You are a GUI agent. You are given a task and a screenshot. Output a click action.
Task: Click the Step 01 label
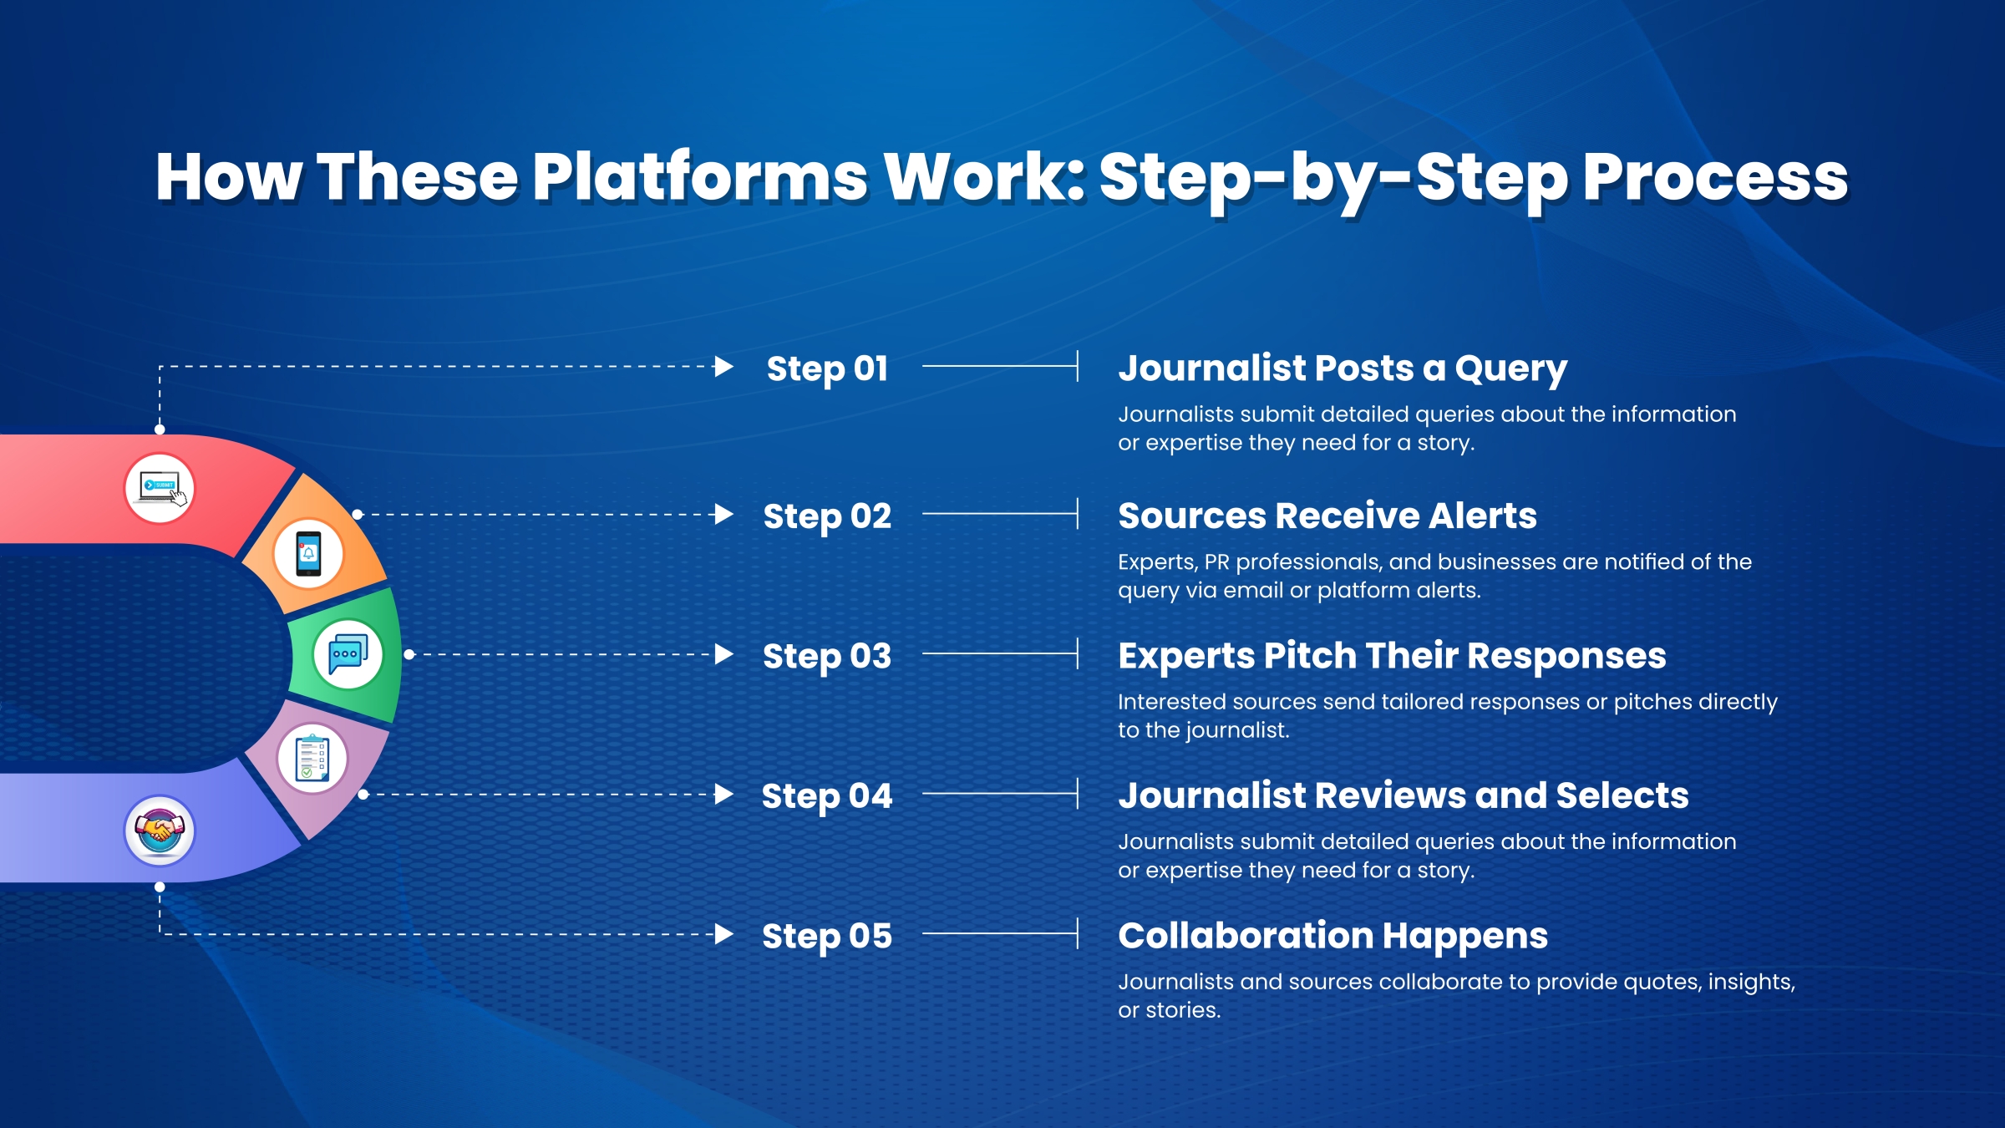tap(827, 368)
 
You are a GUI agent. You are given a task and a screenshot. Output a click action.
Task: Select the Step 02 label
tap(827, 516)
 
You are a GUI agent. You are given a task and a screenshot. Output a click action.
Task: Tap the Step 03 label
tap(827, 656)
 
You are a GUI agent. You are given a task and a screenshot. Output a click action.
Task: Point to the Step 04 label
tap(827, 795)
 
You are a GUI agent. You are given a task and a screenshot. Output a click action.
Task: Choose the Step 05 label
tap(827, 936)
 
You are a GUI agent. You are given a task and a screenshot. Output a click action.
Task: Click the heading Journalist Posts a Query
tap(1343, 368)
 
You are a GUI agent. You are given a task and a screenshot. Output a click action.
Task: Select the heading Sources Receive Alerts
tap(1327, 516)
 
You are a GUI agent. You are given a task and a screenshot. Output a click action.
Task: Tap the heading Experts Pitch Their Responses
tap(1392, 656)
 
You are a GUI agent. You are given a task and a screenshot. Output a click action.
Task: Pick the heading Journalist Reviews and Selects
tap(1403, 795)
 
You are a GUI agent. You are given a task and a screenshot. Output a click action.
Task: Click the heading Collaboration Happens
tap(1332, 936)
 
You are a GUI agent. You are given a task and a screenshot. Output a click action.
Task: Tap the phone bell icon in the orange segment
tap(308, 553)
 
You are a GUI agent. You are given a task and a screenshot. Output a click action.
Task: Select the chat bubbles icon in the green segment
tap(348, 654)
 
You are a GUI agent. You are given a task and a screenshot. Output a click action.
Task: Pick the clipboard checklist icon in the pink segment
tap(312, 759)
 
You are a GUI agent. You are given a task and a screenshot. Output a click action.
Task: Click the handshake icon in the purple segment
tap(160, 831)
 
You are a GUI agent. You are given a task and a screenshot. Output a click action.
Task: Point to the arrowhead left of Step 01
tap(724, 366)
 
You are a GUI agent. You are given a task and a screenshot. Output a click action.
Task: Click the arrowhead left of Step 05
tap(724, 934)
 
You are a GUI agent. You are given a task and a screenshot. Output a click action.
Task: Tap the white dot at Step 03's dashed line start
tap(409, 654)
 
